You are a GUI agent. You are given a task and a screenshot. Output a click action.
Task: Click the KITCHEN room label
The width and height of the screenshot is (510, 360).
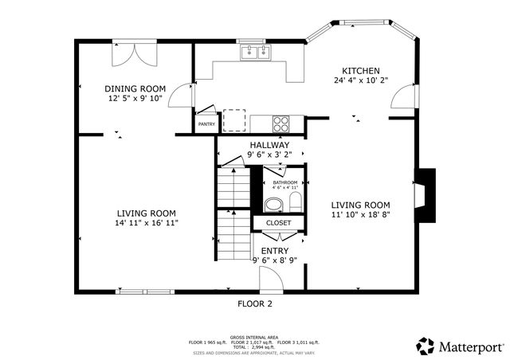(x=361, y=70)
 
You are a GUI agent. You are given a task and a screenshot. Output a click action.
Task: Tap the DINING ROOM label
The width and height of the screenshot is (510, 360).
(x=135, y=88)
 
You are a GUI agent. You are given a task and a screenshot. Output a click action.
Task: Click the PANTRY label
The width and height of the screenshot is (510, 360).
(x=206, y=124)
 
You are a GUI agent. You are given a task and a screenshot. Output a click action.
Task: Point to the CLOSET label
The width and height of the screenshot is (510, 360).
(x=278, y=223)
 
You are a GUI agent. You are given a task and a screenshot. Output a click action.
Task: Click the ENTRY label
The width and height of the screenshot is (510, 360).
(x=275, y=251)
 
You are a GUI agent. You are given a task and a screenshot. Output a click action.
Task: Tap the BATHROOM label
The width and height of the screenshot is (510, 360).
(x=284, y=182)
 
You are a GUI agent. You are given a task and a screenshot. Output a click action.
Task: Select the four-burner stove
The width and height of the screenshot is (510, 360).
(x=282, y=123)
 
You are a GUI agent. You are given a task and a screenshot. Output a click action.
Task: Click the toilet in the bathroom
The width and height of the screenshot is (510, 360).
(x=293, y=199)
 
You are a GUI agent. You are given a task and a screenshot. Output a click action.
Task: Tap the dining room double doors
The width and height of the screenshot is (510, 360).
(x=133, y=54)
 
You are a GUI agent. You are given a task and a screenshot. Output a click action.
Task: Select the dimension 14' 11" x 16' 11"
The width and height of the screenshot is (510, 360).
(x=146, y=224)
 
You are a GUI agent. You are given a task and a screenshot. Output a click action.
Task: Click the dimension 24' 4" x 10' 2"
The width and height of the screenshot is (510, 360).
(x=360, y=80)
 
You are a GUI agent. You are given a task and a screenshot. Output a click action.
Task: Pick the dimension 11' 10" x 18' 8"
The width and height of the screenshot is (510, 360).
(x=360, y=214)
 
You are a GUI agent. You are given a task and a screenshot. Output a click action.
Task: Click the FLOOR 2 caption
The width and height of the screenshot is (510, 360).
(x=255, y=303)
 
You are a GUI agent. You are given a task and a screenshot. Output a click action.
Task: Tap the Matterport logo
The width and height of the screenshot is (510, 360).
(x=461, y=346)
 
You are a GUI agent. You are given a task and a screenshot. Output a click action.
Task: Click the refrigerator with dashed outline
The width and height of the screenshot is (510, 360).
(x=234, y=119)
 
